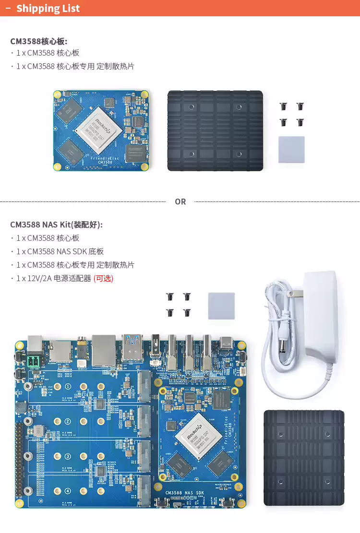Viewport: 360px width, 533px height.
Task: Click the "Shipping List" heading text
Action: (x=48, y=9)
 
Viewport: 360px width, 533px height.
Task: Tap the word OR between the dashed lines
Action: (x=180, y=201)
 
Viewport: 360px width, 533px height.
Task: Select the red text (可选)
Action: (x=103, y=278)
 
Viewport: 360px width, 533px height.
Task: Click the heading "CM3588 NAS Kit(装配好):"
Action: (x=56, y=225)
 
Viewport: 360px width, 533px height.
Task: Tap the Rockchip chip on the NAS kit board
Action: (x=198, y=437)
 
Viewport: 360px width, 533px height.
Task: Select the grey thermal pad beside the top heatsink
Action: (x=291, y=150)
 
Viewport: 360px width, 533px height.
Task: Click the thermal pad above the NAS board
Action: (x=221, y=306)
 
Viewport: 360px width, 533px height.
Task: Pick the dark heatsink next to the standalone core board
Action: (x=215, y=130)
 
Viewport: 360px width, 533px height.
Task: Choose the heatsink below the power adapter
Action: (x=304, y=458)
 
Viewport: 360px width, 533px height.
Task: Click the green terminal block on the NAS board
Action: (x=35, y=361)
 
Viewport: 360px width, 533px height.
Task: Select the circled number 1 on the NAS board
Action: (x=68, y=387)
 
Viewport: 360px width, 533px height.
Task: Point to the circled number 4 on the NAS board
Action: (x=68, y=491)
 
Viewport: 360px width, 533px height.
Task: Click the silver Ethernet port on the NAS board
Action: (x=104, y=351)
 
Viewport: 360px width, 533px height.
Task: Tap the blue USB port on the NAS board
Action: (x=132, y=348)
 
